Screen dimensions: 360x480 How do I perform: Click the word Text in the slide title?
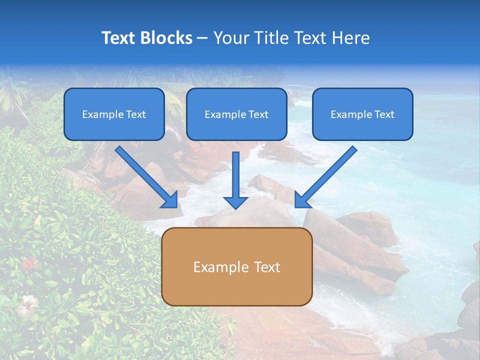tap(118, 38)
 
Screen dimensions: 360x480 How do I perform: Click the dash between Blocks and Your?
tap(202, 38)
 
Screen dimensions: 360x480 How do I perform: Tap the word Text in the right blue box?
tap(384, 114)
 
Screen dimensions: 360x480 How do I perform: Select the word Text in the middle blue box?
tap(258, 114)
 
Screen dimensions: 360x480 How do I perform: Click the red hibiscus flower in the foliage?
tap(29, 263)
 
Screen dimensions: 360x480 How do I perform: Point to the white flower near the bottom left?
tap(27, 303)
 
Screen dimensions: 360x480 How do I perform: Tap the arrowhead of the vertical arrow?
tap(235, 202)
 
